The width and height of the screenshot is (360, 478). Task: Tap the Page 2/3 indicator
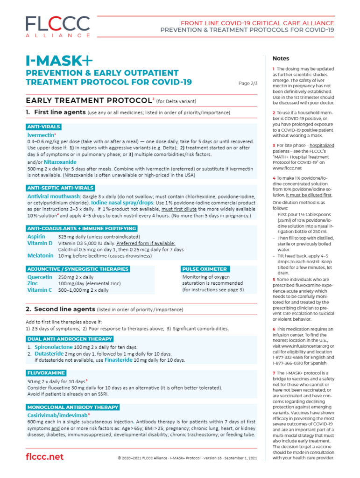coord(248,83)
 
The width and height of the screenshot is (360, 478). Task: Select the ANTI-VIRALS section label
coord(43,127)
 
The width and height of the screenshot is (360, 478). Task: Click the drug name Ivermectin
coord(41,134)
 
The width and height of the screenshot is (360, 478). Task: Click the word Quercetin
coord(39,277)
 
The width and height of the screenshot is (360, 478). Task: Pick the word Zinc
coord(33,283)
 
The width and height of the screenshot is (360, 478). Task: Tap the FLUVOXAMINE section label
coord(46,373)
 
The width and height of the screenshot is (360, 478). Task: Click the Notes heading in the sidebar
coord(281,58)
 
